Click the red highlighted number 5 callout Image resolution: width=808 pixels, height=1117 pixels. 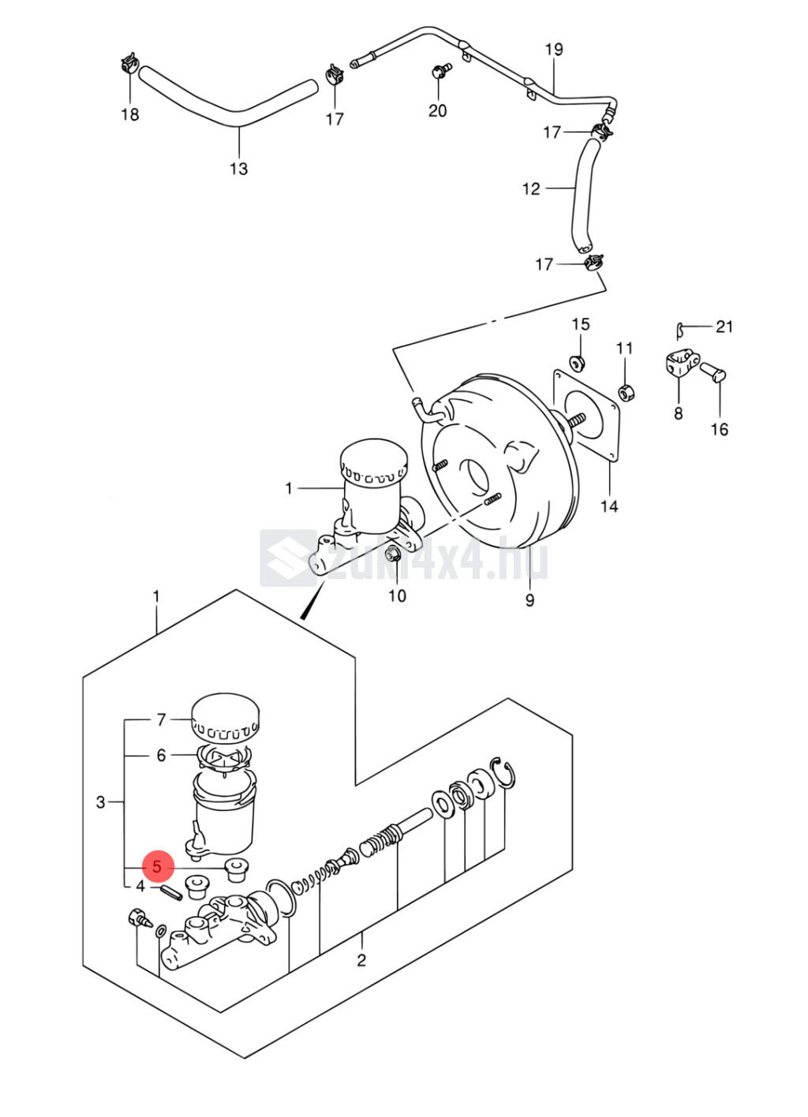coord(158,867)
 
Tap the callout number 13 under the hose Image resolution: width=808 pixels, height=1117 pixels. coord(239,169)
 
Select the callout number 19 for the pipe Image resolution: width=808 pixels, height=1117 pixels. coord(554,50)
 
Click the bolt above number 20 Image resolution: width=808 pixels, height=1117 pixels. coord(441,70)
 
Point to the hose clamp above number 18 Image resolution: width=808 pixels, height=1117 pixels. coord(129,63)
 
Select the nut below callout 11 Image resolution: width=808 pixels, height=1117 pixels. coord(626,393)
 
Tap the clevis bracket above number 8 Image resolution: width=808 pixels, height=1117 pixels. coord(682,364)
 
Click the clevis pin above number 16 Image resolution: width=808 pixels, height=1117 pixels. coord(713,372)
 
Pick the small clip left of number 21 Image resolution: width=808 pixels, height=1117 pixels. coord(680,331)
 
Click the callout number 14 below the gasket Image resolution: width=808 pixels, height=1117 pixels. coord(609,506)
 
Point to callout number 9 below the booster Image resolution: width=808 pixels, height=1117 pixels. coord(529,600)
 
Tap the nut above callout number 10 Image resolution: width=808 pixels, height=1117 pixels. coord(392,553)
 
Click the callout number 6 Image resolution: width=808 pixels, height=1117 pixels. coord(161,755)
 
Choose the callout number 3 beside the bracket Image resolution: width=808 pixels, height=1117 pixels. coord(101,802)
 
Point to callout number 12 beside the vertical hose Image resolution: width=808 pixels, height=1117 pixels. coord(531,189)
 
